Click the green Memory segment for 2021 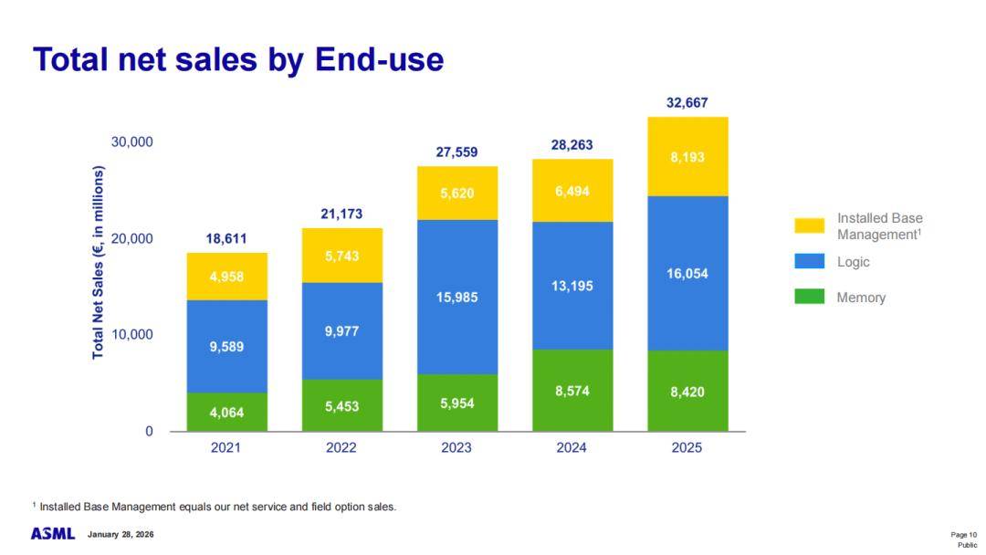click(x=226, y=412)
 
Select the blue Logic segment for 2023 click(x=457, y=297)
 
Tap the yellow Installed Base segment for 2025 click(x=687, y=157)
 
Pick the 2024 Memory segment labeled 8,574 click(x=572, y=390)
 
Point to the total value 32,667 click(x=687, y=102)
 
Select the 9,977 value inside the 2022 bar click(x=341, y=330)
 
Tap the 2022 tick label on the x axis click(x=341, y=448)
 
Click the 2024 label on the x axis click(x=572, y=448)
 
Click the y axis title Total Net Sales click(x=99, y=262)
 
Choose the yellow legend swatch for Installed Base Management click(x=809, y=225)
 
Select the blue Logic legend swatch click(x=809, y=262)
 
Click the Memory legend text click(x=861, y=298)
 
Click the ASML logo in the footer click(x=53, y=533)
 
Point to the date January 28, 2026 click(x=121, y=534)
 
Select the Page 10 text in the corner click(x=963, y=534)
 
